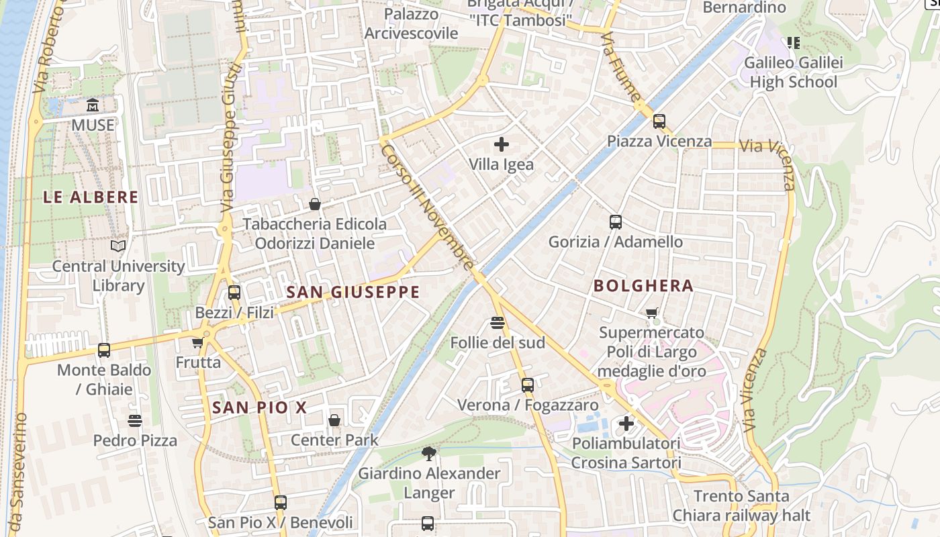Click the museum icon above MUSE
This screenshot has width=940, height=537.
tap(93, 105)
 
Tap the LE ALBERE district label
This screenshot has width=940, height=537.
tap(91, 197)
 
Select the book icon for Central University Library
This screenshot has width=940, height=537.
tap(118, 246)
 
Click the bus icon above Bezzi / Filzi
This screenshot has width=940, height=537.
tap(234, 293)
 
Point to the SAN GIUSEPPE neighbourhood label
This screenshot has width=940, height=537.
tap(352, 292)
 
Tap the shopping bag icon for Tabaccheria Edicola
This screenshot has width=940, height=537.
tap(314, 204)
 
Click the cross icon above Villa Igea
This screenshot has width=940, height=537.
tap(501, 144)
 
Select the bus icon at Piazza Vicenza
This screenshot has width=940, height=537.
tap(659, 121)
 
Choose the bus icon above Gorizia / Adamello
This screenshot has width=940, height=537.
tap(616, 222)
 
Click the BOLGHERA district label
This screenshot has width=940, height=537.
tap(643, 286)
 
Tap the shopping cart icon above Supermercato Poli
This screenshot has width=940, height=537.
tap(651, 313)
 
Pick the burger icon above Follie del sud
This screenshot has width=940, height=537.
tap(498, 324)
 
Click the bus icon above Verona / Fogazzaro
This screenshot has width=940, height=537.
tap(528, 385)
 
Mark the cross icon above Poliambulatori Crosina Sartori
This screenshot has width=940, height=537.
tap(626, 424)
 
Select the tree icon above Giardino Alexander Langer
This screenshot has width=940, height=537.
tap(429, 454)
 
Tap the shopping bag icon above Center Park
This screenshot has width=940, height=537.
tap(334, 421)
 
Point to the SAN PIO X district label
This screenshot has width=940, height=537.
tap(259, 407)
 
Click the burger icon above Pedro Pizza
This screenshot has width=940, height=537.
tap(135, 421)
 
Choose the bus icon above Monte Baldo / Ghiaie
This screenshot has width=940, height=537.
tap(104, 350)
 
